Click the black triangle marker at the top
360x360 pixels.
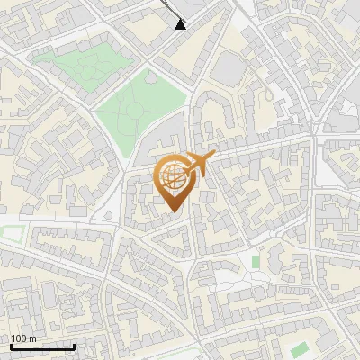coord(181,23)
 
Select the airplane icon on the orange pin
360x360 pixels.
coord(200,163)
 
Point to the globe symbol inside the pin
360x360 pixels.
coord(174,178)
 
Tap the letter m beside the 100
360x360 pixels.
coord(33,338)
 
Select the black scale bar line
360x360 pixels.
coord(42,346)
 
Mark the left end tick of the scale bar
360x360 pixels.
coord(11,345)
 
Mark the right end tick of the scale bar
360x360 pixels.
coord(75,345)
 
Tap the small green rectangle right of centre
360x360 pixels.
coord(256,262)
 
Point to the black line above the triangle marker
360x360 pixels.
coord(170,7)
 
